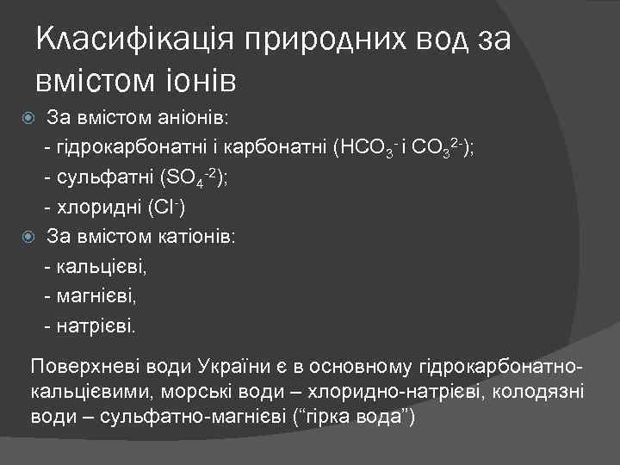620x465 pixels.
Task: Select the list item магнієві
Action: pos(96,296)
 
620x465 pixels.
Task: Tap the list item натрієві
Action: pos(96,326)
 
